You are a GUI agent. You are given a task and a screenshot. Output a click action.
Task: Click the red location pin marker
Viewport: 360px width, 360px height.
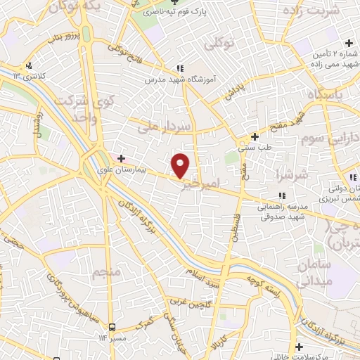tap(181, 165)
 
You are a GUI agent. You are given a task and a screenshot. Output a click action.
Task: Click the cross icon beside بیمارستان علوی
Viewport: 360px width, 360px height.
tap(121, 158)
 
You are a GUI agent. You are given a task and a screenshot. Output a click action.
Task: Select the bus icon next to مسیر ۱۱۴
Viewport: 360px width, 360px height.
tap(112, 328)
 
